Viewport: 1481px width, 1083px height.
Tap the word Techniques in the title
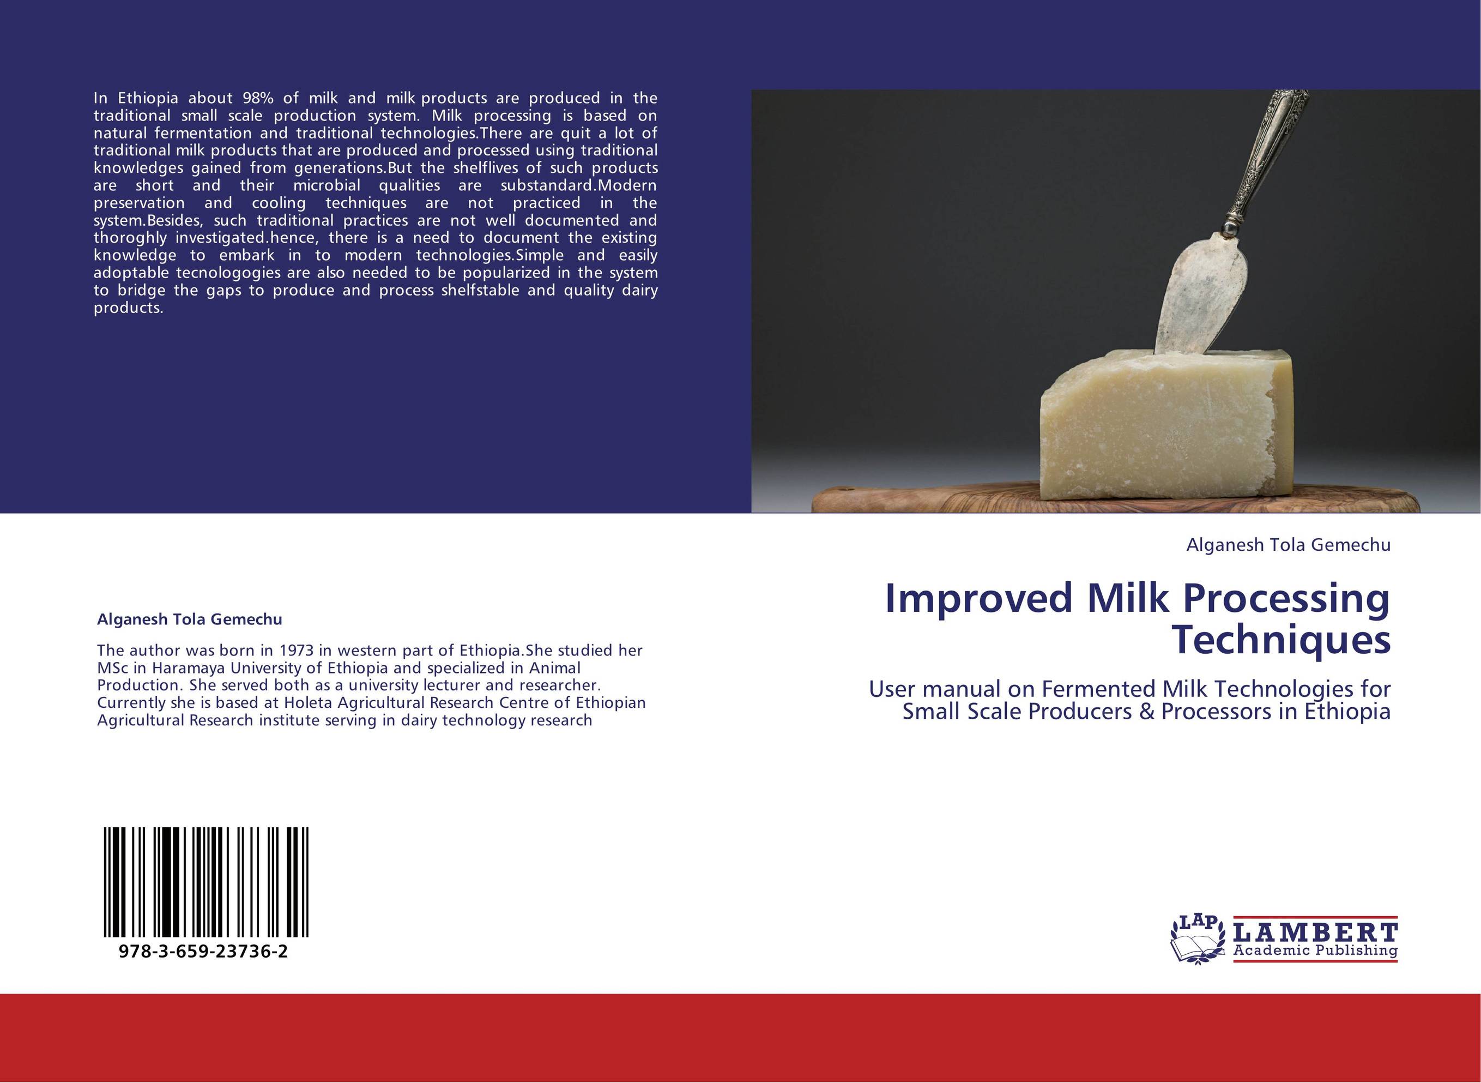pyautogui.click(x=1280, y=641)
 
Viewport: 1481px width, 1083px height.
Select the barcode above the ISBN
pyautogui.click(x=205, y=882)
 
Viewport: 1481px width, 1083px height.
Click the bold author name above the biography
pyautogui.click(x=189, y=619)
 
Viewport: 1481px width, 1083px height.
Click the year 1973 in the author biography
pyautogui.click(x=298, y=651)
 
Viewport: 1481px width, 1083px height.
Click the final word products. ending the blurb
pyautogui.click(x=128, y=308)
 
